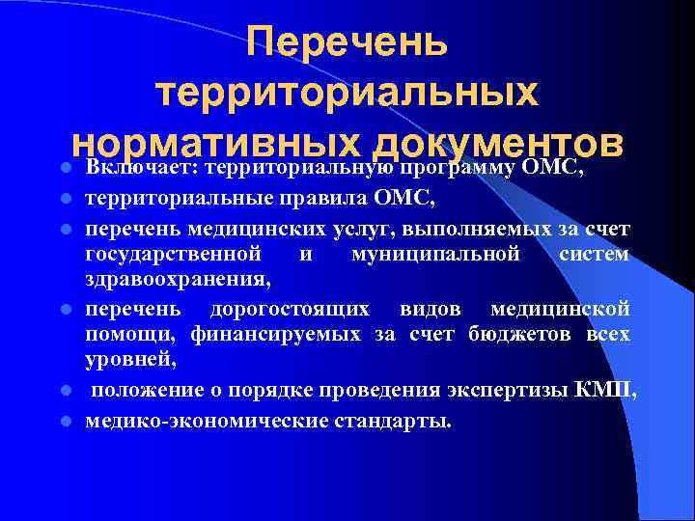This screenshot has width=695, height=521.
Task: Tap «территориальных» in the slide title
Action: [347, 94]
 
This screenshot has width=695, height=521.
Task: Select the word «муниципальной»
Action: [445, 254]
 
